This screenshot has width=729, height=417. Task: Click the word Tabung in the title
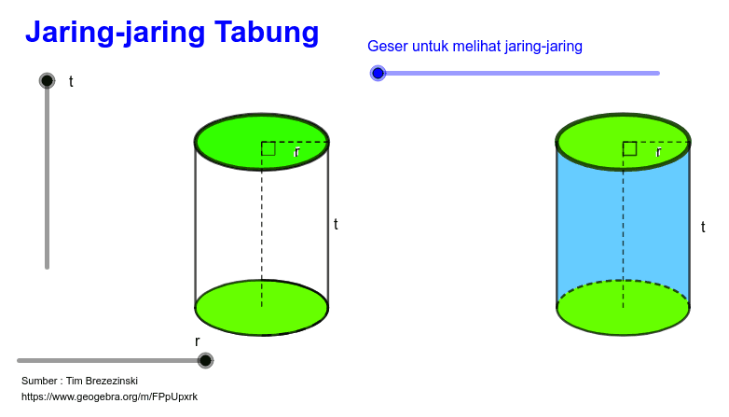tap(267, 33)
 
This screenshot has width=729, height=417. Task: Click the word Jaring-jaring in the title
tap(116, 33)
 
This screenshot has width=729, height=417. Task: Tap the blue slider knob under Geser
tap(378, 73)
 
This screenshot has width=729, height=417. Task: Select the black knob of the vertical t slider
tap(47, 80)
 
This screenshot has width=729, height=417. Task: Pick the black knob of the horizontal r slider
tap(205, 360)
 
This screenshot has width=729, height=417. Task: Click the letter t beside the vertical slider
tap(71, 81)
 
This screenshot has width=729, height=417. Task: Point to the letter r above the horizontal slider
tap(197, 341)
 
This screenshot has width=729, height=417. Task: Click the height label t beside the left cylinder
tap(336, 224)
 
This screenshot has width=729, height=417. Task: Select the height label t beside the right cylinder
tap(703, 227)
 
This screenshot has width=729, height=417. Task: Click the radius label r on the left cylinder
tap(297, 152)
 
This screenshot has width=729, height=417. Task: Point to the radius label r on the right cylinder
tap(658, 152)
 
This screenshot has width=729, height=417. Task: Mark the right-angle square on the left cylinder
tap(268, 148)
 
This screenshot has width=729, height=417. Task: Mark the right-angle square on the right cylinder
tap(629, 148)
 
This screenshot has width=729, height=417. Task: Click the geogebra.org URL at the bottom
tap(109, 396)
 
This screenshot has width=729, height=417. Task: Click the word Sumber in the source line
tap(39, 381)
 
